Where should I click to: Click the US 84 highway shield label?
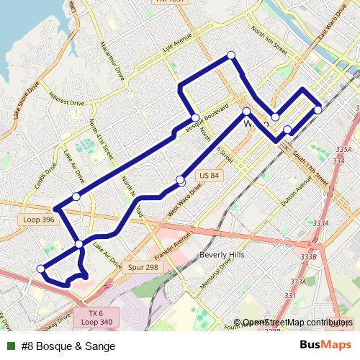click(x=208, y=176)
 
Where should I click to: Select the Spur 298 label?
click(x=143, y=266)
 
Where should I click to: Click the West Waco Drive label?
click(x=185, y=201)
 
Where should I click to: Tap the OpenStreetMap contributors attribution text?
click(x=297, y=323)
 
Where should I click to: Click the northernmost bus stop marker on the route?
click(x=231, y=55)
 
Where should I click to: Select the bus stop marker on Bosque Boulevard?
click(x=194, y=118)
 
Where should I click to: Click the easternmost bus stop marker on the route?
click(x=318, y=109)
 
